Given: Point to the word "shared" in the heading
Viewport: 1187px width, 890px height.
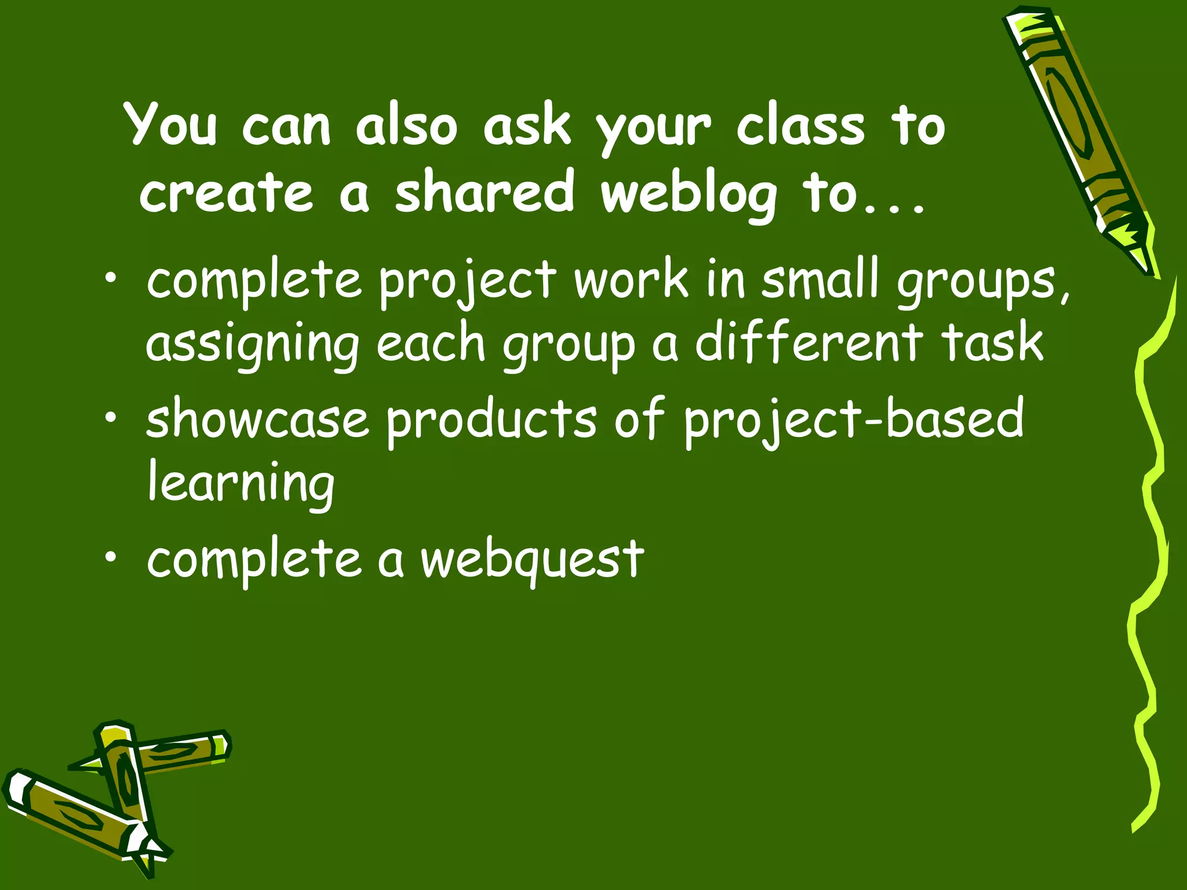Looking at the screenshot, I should point(485,191).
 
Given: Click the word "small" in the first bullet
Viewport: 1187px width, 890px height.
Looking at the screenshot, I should point(820,280).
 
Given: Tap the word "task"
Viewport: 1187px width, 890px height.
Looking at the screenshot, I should point(992,343).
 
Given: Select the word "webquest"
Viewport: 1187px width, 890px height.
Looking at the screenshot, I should point(532,560).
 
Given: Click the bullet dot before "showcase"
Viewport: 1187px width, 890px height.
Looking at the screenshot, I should point(110,419).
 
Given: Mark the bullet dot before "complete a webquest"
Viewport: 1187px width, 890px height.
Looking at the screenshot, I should point(110,557).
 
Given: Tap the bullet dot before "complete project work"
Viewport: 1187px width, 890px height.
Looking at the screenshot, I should point(110,280).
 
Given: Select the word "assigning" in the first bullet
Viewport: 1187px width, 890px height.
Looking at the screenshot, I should point(252,345).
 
